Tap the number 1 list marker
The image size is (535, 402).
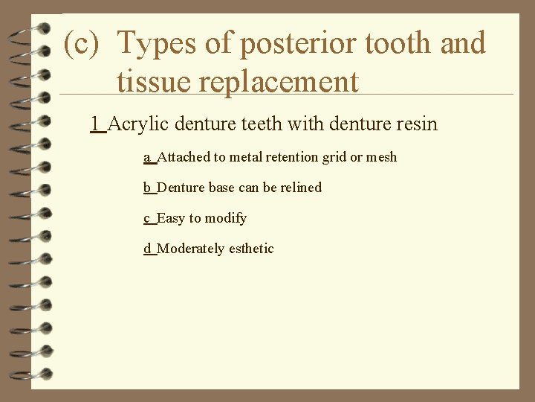click(x=95, y=124)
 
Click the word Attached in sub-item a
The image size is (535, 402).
click(x=184, y=157)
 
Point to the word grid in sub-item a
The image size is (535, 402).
click(x=334, y=157)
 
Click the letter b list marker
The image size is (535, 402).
click(x=147, y=188)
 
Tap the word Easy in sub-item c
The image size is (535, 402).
click(x=171, y=218)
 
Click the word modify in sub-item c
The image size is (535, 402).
click(x=227, y=218)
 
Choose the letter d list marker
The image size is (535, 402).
click(x=147, y=249)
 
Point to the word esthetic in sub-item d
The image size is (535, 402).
click(x=250, y=249)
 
